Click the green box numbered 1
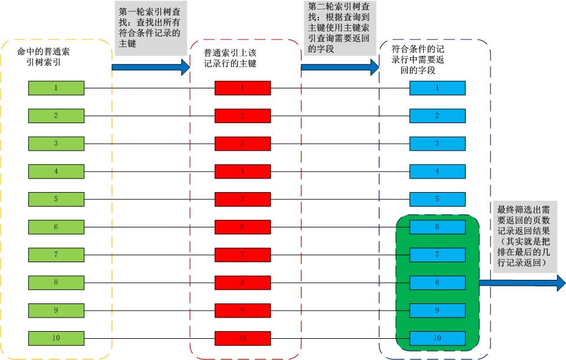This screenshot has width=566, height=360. tap(56, 88)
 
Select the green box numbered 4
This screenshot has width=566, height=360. tap(56, 171)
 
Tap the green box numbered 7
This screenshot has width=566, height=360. tap(56, 255)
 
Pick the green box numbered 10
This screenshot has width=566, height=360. tap(56, 338)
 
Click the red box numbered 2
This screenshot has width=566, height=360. tap(242, 116)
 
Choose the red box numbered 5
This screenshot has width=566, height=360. tap(242, 199)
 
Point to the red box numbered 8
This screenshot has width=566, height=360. tap(242, 283)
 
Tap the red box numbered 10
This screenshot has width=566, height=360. tap(242, 338)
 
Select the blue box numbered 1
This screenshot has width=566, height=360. tap(437, 88)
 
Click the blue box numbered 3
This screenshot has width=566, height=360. tap(437, 144)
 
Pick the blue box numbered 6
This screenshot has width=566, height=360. tap(437, 227)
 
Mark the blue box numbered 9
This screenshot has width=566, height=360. tap(437, 310)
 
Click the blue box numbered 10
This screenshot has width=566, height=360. tap(437, 338)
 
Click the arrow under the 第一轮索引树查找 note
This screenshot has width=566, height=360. tap(150, 67)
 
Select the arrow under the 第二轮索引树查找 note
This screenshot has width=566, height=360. tap(340, 67)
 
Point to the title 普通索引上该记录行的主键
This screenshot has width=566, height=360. tap(230, 58)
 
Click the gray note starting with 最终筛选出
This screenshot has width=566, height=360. tap(525, 236)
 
